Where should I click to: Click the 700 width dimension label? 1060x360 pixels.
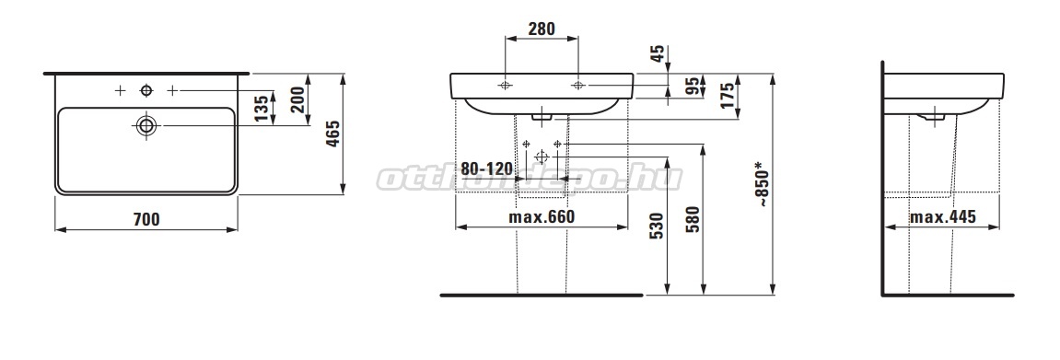146,219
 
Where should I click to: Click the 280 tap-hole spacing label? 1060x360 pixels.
542,29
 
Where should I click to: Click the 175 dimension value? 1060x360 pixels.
728,97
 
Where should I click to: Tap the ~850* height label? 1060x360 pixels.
763,184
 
